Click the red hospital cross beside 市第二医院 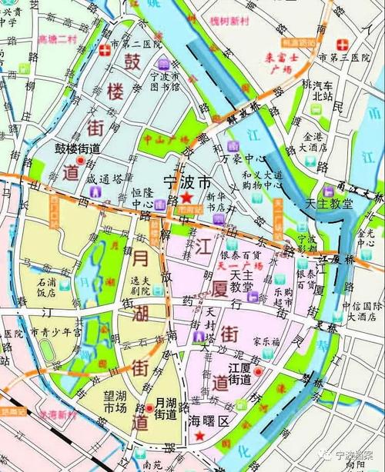click(105, 50)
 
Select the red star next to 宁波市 click(185, 198)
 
